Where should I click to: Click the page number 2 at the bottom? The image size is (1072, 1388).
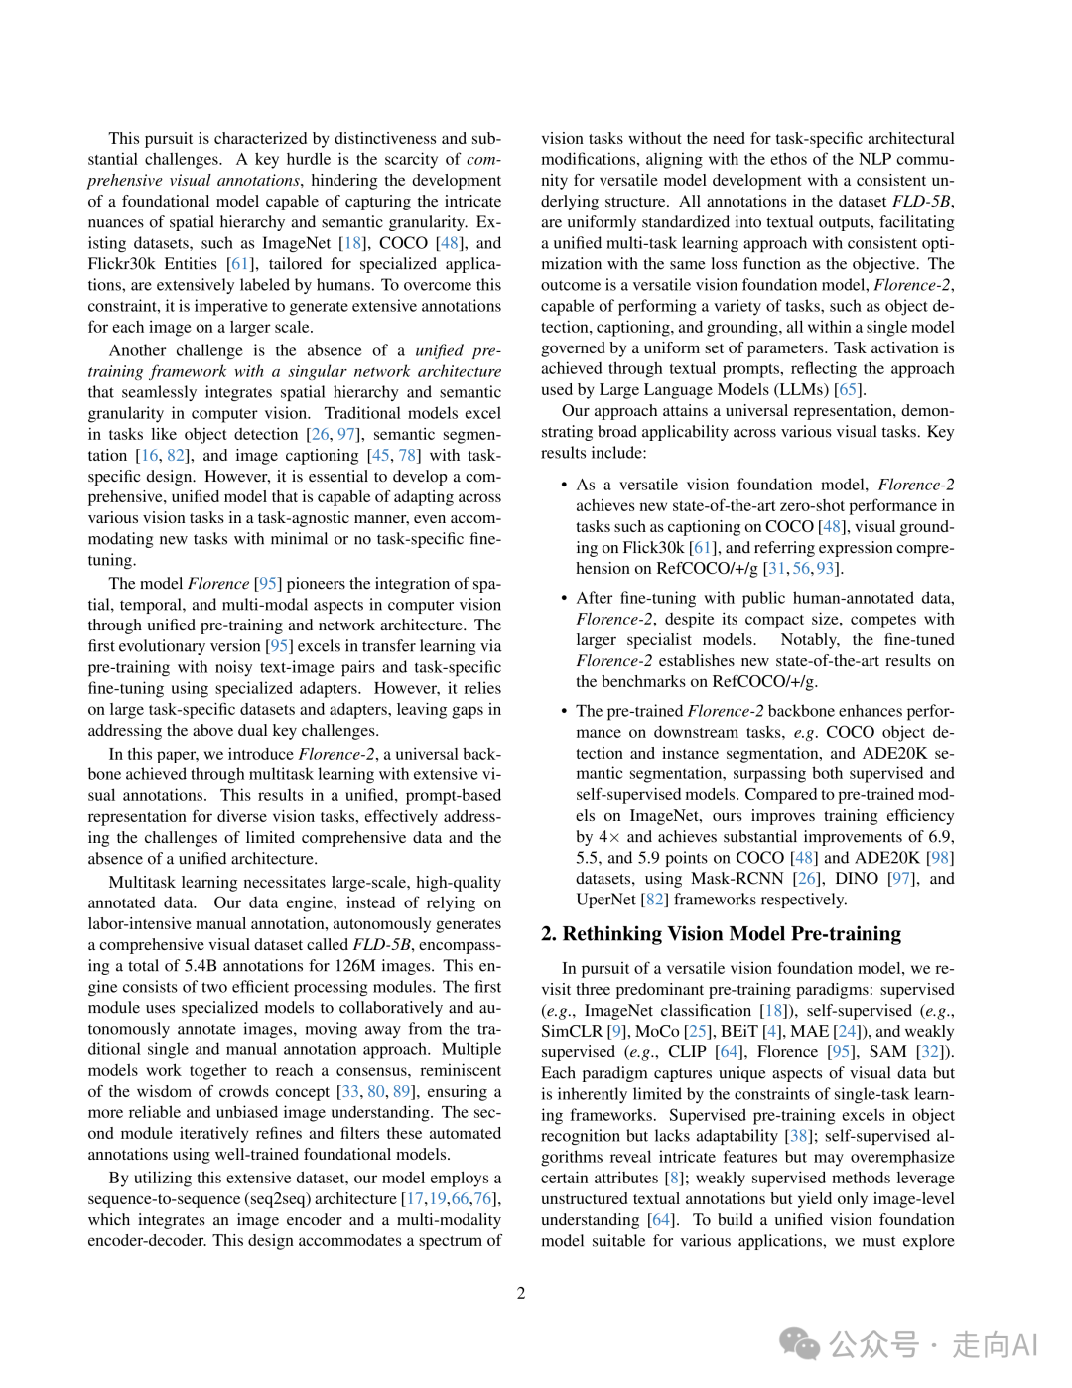(x=520, y=1293)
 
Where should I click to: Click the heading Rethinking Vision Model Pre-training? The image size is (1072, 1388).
(x=721, y=934)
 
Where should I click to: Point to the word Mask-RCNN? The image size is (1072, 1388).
(x=737, y=878)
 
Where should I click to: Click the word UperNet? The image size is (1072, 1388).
(x=605, y=899)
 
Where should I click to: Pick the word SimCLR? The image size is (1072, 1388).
(x=572, y=1031)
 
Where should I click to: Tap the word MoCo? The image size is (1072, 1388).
(x=657, y=1031)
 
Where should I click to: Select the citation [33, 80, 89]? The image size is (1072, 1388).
(x=376, y=1091)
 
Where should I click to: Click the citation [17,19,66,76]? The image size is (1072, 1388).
(x=452, y=1198)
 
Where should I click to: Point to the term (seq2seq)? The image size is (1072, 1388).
(x=277, y=1198)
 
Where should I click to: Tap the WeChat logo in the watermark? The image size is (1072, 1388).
(x=800, y=1343)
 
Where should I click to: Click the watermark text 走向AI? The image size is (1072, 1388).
(x=995, y=1345)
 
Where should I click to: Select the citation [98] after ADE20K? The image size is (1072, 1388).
(x=940, y=857)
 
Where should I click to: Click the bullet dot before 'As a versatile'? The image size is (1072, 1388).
(x=564, y=485)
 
